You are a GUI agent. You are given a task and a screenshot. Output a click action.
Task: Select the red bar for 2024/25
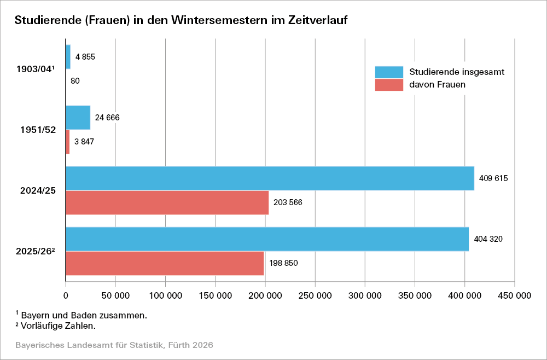click(x=167, y=202)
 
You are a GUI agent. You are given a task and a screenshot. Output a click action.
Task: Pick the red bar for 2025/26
click(x=165, y=263)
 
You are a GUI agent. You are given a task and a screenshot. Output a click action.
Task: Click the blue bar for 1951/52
click(x=78, y=118)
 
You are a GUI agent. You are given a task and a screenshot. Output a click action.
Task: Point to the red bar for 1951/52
click(x=68, y=142)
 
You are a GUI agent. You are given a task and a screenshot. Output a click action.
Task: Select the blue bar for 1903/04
click(x=68, y=57)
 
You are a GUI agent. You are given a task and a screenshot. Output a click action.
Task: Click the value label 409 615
click(x=494, y=178)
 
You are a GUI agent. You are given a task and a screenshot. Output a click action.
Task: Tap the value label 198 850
click(x=283, y=263)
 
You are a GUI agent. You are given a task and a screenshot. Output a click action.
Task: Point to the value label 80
click(x=75, y=81)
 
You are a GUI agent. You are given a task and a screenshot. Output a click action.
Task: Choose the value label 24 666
click(x=107, y=118)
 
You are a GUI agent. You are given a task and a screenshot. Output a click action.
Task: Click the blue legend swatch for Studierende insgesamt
click(x=388, y=72)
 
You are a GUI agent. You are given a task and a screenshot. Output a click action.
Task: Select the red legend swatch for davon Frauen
click(x=388, y=85)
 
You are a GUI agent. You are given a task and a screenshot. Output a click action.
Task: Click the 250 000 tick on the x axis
click(x=315, y=296)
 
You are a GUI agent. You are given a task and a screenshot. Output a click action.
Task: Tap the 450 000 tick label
click(x=514, y=296)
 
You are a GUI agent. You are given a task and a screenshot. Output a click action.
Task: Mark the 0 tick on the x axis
click(x=66, y=296)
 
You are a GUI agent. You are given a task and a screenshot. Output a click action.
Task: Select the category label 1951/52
click(x=37, y=130)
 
